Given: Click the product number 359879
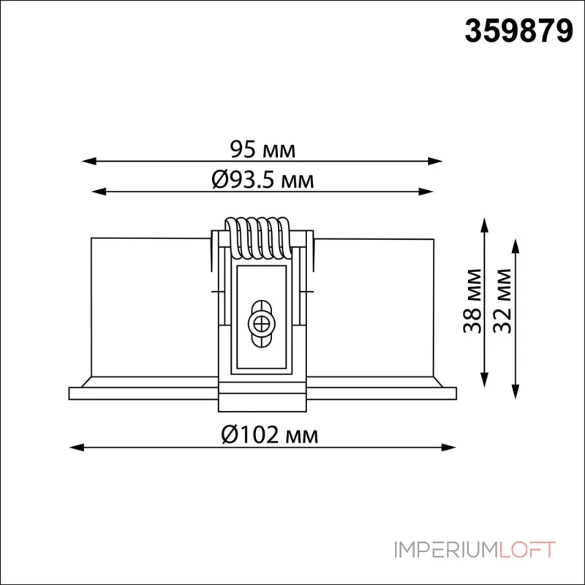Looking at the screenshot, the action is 518,31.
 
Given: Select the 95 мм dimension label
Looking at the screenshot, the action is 263,149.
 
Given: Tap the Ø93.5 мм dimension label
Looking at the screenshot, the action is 263,180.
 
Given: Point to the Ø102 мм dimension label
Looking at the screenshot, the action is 269,434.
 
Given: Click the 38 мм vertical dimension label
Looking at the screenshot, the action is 472,301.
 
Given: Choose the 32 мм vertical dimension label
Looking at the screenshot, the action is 502,301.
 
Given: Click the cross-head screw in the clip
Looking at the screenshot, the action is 261,323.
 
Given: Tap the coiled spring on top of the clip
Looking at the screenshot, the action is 257,238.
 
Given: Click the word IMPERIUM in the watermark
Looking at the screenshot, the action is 446,550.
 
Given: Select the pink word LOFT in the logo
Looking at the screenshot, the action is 526,550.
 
